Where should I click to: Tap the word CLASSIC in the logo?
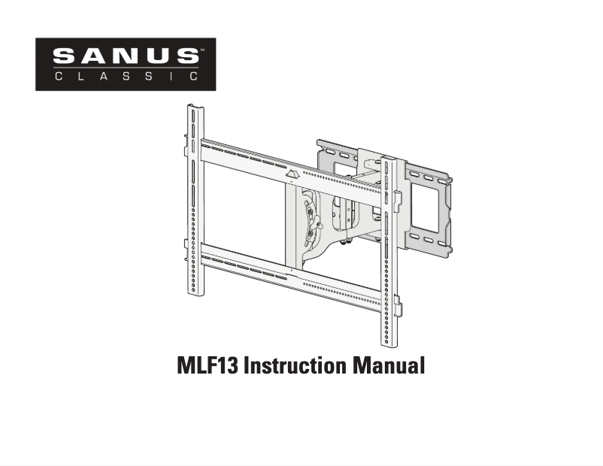126,76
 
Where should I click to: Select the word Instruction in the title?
293,367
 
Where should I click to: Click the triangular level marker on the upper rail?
292,174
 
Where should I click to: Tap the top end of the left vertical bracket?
196,109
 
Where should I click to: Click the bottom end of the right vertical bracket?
388,343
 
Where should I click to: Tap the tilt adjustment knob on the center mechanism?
316,222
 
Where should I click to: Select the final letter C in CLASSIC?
193,76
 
